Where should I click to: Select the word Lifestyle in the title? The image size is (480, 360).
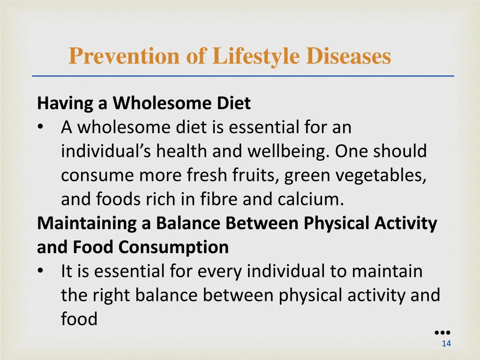pos(256,57)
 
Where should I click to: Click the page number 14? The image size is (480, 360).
pos(446,344)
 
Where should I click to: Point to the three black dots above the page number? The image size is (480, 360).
pos(442,332)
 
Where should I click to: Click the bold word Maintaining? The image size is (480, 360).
pos(88,223)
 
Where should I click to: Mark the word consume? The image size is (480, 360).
pos(97,175)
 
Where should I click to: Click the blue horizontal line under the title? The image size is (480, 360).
pos(243,76)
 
